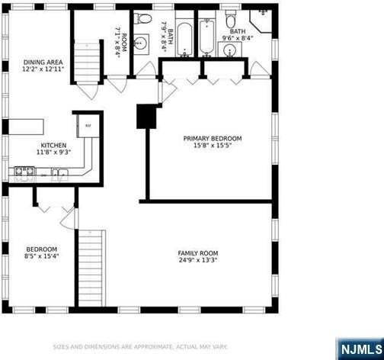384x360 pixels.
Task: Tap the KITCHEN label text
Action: [53, 145]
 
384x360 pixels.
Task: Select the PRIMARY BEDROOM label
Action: [212, 138]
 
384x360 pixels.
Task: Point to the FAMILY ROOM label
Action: [198, 253]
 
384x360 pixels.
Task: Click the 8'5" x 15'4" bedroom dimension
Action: [41, 256]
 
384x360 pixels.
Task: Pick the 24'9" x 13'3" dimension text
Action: [198, 260]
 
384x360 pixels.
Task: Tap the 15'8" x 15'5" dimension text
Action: [212, 145]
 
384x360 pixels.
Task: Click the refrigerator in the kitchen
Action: [88, 124]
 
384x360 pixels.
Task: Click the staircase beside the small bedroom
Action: [91, 267]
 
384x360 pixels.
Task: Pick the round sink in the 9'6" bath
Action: [229, 50]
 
